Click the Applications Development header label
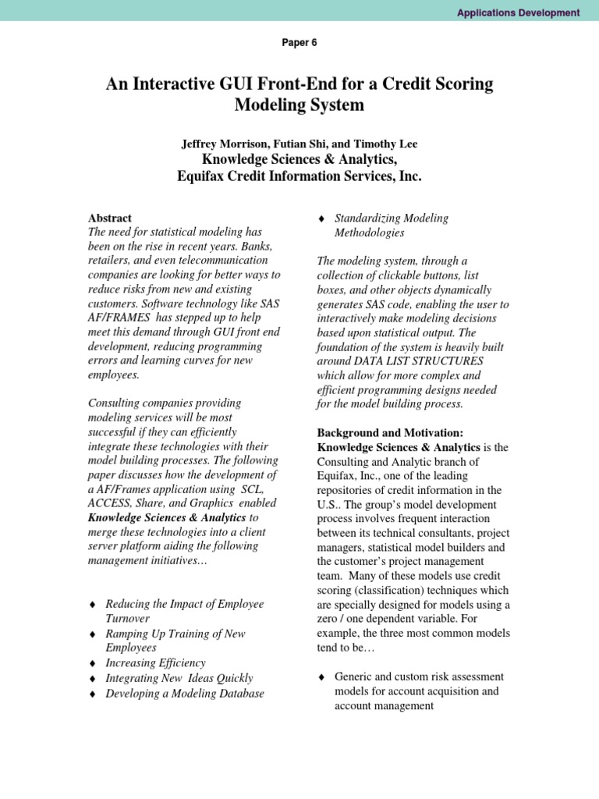[x=517, y=12]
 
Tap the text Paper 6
[x=299, y=43]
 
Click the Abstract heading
[x=110, y=218]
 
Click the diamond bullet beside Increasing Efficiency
[x=93, y=663]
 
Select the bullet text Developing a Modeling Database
[x=185, y=693]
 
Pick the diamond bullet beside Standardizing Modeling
[x=321, y=219]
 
